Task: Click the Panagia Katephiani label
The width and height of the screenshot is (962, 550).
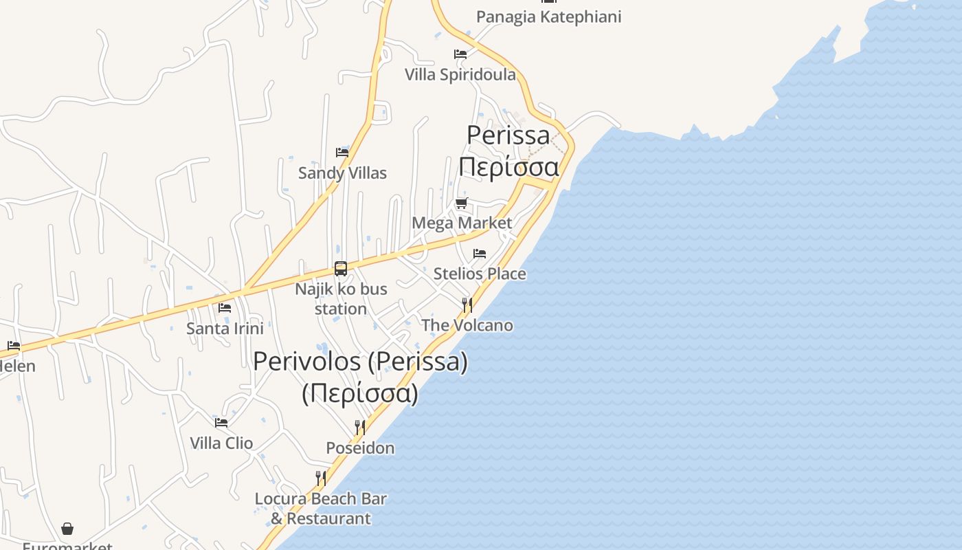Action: [x=548, y=16]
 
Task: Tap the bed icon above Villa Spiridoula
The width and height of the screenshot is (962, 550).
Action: [x=460, y=54]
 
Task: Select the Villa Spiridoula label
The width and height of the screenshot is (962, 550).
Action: [x=460, y=74]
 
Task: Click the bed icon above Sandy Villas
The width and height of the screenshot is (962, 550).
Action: [x=342, y=153]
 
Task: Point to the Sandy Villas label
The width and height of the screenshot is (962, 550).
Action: [x=342, y=173]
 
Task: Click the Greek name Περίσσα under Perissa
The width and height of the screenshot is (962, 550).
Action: [x=508, y=166]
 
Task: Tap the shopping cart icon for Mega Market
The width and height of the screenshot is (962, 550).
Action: [x=462, y=203]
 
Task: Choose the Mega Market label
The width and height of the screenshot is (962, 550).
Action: [x=462, y=223]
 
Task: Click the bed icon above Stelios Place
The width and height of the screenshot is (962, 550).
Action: [x=480, y=254]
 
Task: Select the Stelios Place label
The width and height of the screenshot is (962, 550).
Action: [x=480, y=274]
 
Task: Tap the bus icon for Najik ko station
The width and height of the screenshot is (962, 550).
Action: [x=341, y=269]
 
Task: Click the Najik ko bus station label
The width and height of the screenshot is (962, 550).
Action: [x=341, y=299]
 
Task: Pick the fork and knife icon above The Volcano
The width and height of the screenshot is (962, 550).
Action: [x=467, y=305]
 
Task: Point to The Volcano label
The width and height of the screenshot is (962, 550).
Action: [x=467, y=325]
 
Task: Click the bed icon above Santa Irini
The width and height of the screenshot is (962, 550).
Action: [x=225, y=308]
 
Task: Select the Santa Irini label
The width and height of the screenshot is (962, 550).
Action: [x=225, y=328]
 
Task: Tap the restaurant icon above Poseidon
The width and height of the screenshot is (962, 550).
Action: [x=360, y=428]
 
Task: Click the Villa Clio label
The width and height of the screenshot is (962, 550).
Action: [x=221, y=443]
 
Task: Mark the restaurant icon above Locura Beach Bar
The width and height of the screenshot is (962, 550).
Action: [x=321, y=478]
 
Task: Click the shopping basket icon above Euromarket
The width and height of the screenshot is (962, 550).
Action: [x=67, y=529]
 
